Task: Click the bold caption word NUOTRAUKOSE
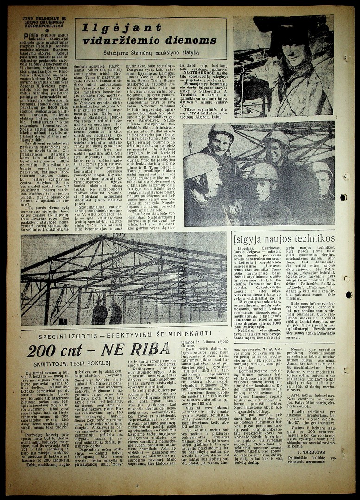coord(196,72)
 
